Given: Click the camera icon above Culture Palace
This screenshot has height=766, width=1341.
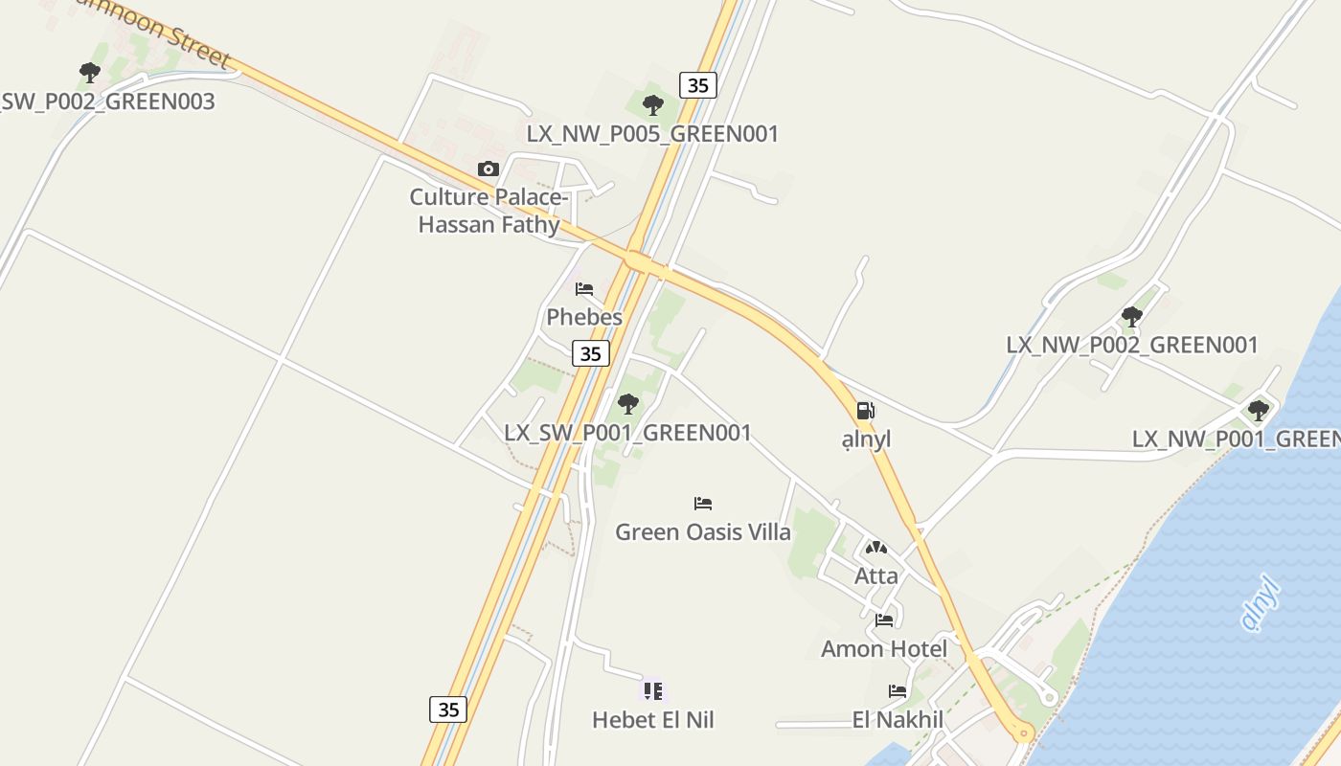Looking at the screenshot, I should pyautogui.click(x=489, y=169).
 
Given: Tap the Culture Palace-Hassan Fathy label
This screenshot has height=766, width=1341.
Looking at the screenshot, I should pyautogui.click(x=489, y=211).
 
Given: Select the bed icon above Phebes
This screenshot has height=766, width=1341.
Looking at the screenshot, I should pyautogui.click(x=584, y=289).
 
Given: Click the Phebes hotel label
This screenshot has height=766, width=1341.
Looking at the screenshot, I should pyautogui.click(x=584, y=317).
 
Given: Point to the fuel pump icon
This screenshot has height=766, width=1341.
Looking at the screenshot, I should pyautogui.click(x=865, y=411).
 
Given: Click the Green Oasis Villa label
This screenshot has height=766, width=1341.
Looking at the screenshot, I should pyautogui.click(x=703, y=531).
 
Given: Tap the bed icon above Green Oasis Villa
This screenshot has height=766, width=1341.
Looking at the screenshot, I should pyautogui.click(x=703, y=504).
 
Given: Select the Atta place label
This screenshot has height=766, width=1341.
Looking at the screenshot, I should pyautogui.click(x=876, y=575).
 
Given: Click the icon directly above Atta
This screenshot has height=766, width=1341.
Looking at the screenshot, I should pyautogui.click(x=876, y=549).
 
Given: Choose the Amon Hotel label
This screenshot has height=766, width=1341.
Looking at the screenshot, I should pyautogui.click(x=884, y=648).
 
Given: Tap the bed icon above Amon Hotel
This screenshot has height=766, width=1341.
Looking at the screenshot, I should pyautogui.click(x=884, y=620).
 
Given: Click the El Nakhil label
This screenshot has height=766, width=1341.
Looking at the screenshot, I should pyautogui.click(x=898, y=719).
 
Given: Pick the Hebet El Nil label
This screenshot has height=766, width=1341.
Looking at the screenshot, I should pyautogui.click(x=653, y=719).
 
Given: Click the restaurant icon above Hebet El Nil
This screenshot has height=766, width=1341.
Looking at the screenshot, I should pyautogui.click(x=653, y=690).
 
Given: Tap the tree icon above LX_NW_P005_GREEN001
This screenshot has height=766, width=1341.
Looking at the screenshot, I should pyautogui.click(x=653, y=105).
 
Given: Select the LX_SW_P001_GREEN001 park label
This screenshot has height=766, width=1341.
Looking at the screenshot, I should pyautogui.click(x=628, y=432).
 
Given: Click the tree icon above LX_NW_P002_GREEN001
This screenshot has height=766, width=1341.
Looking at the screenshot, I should pyautogui.click(x=1132, y=317).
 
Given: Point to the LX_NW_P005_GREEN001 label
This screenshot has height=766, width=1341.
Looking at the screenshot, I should pyautogui.click(x=653, y=133).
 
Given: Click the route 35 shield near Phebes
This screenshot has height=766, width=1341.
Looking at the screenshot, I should pyautogui.click(x=591, y=353).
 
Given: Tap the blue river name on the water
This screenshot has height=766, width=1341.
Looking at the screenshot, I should pyautogui.click(x=1261, y=603).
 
